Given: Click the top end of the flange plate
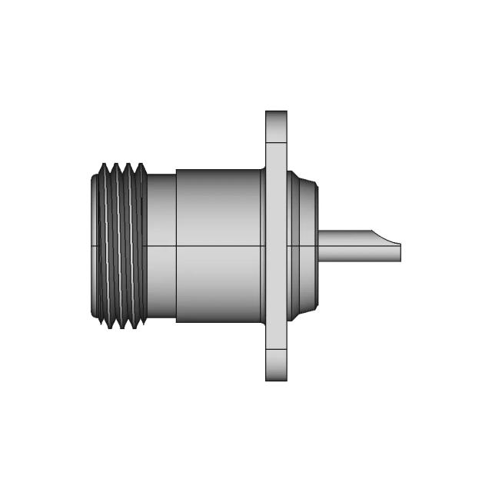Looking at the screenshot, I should tap(276, 114).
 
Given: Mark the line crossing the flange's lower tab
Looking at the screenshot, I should tap(276, 350).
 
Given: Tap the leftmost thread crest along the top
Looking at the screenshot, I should tap(102, 165).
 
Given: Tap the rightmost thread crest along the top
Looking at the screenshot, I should tap(141, 165).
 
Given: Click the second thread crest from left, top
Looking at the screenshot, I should tap(115, 165).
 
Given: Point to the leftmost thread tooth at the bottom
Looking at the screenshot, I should tap(108, 327).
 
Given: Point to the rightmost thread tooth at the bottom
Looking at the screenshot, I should tap(140, 327).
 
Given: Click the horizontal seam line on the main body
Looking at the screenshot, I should tap(219, 246).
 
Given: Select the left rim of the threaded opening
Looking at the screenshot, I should tap(92, 246).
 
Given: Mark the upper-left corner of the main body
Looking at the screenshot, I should tap(178, 171).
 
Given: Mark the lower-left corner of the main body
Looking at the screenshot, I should tap(178, 321).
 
